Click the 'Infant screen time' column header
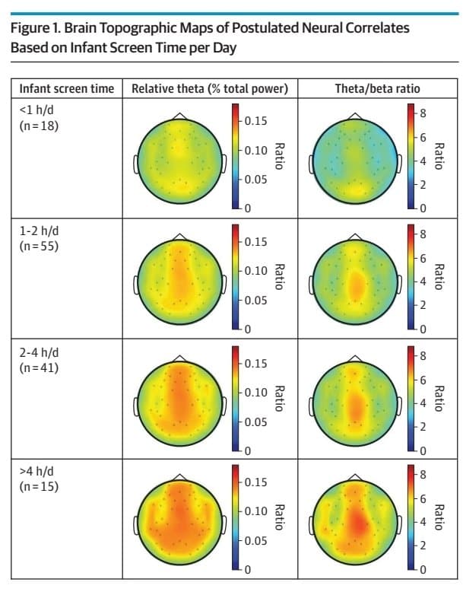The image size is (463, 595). coord(66,89)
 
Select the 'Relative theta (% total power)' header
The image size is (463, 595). coord(209,89)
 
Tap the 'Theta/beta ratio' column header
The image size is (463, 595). coord(377,89)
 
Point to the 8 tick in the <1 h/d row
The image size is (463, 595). coord(423,113)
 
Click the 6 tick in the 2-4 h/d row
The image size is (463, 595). coord(423,379)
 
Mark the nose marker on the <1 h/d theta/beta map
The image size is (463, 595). coord(354,115)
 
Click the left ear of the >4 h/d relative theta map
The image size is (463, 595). coord(137,524)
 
